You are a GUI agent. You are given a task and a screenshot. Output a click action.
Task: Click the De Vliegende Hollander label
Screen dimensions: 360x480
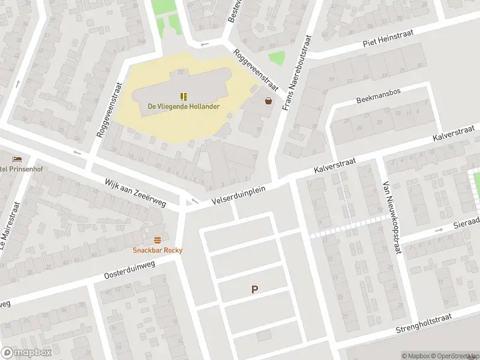[x=184, y=107]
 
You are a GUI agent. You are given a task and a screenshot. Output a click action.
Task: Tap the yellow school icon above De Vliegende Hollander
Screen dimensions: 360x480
[x=184, y=96]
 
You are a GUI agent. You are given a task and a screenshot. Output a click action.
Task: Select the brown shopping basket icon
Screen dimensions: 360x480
[x=268, y=101]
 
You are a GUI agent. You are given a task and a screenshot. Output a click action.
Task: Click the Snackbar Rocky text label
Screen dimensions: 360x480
[x=157, y=250]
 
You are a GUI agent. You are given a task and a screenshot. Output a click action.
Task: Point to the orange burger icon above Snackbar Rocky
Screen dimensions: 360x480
[x=157, y=239]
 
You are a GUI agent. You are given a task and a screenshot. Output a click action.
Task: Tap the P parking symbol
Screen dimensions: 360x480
[x=254, y=290]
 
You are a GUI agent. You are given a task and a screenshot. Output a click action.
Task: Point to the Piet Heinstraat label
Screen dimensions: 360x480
[x=391, y=42]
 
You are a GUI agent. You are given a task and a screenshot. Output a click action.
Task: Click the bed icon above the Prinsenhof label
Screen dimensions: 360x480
[x=17, y=158]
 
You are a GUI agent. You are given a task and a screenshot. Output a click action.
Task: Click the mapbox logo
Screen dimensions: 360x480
[x=27, y=352]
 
